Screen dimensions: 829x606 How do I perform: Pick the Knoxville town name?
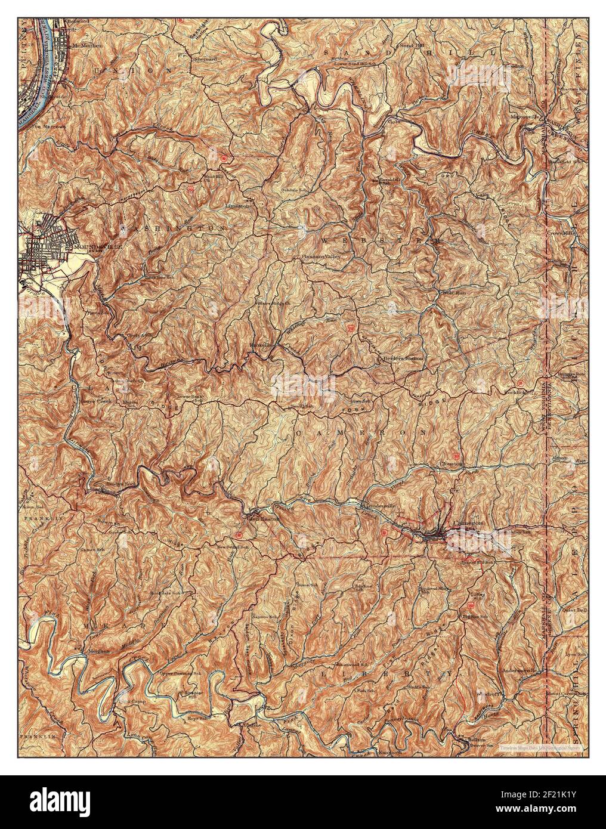pos(261,345)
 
